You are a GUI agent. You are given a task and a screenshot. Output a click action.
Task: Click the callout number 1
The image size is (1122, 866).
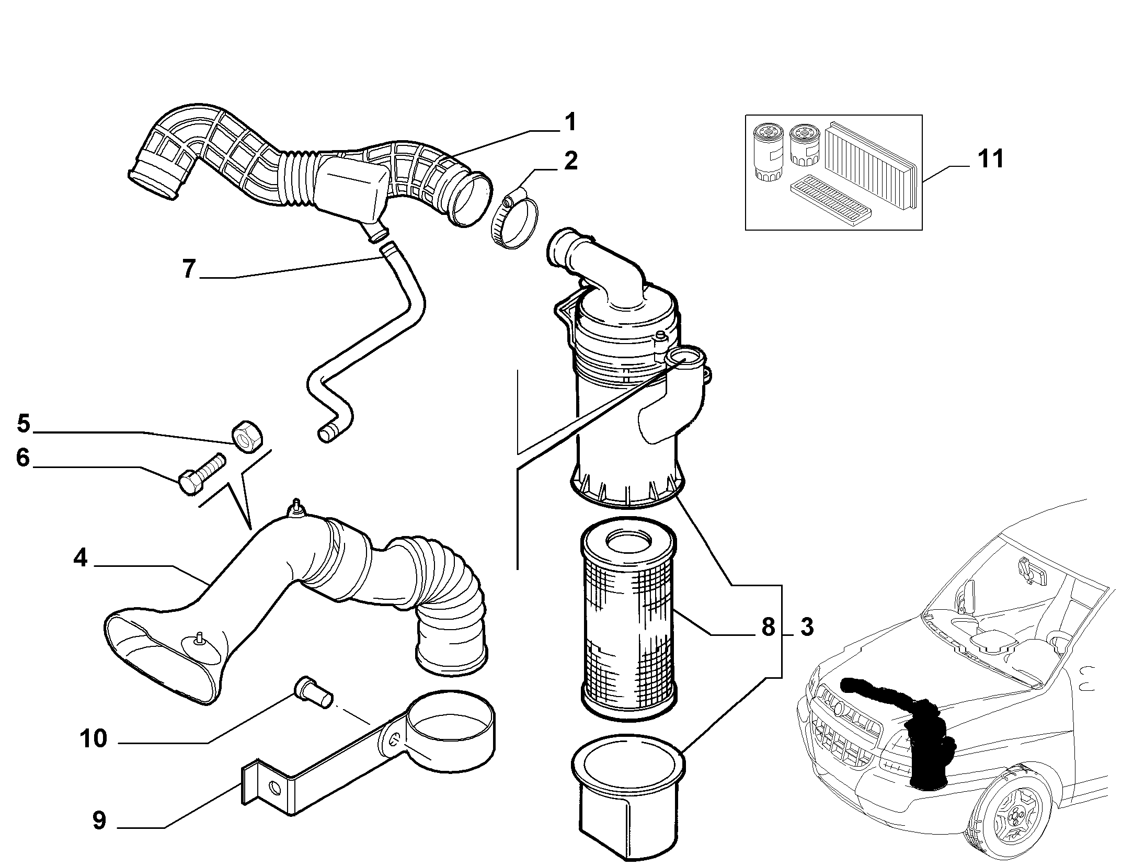(569, 122)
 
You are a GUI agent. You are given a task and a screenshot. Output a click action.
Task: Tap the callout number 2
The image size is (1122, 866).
(570, 161)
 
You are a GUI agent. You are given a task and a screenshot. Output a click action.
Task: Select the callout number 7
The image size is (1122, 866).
(189, 269)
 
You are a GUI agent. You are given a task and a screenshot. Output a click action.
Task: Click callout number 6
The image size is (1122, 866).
(22, 458)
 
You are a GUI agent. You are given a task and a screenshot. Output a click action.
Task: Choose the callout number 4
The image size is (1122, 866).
(81, 558)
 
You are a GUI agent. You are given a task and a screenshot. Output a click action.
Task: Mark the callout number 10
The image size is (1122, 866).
(94, 738)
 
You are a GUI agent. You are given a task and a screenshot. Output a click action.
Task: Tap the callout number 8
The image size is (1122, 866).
(768, 626)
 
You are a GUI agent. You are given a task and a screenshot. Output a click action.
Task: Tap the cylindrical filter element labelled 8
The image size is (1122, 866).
(630, 622)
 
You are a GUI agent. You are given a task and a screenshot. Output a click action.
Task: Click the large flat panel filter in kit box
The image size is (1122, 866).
(871, 164)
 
